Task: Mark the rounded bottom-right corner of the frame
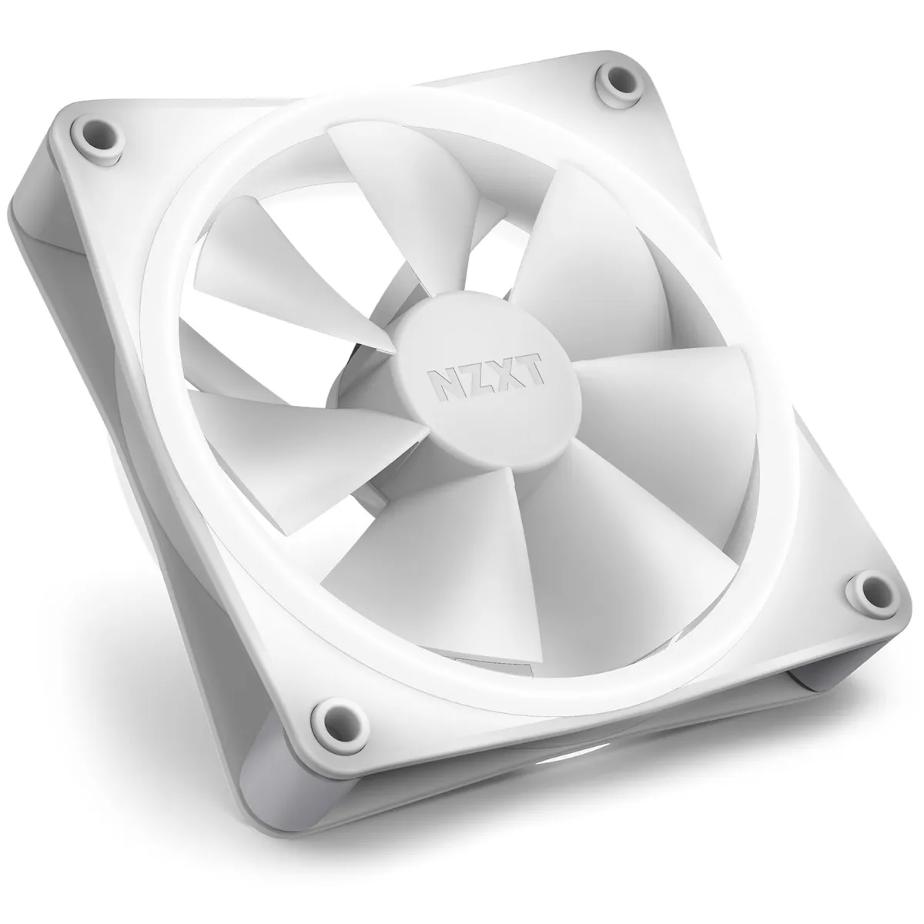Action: click(885, 608)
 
